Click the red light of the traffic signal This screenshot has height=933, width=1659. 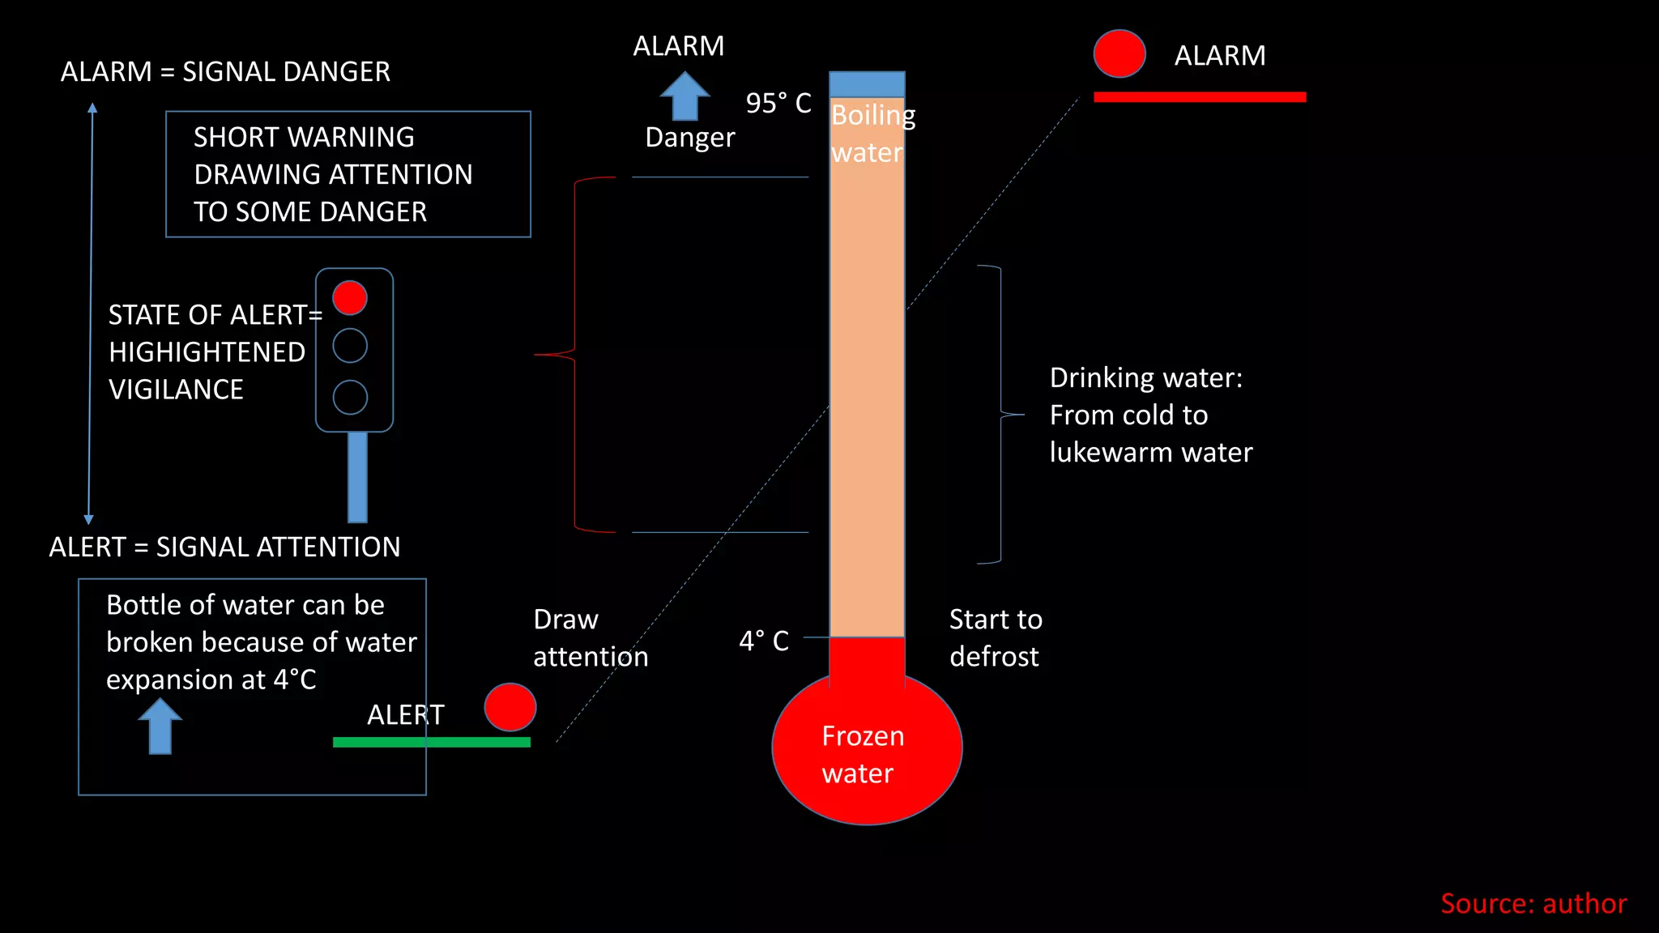coord(350,297)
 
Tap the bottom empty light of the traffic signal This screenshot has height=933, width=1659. coord(350,398)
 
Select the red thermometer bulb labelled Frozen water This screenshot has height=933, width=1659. coord(866,749)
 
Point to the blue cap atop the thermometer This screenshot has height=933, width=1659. coord(867,84)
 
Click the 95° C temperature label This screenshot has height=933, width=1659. coord(778,103)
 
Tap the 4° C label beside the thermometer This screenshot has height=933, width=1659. coord(763,641)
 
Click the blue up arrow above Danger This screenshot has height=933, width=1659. coord(684,96)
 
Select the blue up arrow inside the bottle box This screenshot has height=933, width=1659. coord(160,726)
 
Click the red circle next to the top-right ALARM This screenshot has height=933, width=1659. coord(1119,53)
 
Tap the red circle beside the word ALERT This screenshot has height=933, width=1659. coord(510,706)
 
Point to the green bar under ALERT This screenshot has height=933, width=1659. coord(431,742)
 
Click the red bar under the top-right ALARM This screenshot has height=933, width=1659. coord(1199,97)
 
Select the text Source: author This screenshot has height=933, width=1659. coord(1533,903)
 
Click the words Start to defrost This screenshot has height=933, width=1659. coord(995,637)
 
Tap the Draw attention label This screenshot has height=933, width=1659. coord(590,637)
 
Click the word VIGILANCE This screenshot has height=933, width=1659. coord(176,390)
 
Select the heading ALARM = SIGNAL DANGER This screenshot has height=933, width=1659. coord(225,71)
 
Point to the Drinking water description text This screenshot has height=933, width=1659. coord(1150,415)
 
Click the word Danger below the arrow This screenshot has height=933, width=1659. coord(689,138)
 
